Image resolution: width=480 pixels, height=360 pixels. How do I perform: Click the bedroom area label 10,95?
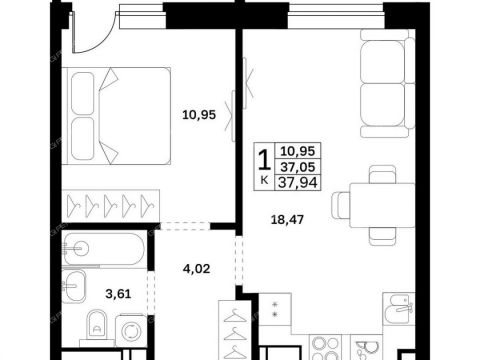[x=199, y=115]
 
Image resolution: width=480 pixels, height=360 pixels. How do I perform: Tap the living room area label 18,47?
[x=287, y=220]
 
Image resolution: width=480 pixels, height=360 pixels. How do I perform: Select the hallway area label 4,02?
[x=197, y=269]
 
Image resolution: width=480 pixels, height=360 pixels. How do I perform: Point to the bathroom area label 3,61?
[x=118, y=294]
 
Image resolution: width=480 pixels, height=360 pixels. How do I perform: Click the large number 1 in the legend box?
[x=265, y=160]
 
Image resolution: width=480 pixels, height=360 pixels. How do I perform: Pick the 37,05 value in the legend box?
[x=297, y=167]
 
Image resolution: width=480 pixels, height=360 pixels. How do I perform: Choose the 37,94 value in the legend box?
[x=297, y=182]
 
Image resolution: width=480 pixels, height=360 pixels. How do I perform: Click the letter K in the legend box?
[x=264, y=181]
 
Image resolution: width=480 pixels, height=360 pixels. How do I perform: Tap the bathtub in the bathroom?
[x=104, y=249]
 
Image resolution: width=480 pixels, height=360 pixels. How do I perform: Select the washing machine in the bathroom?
[x=131, y=330]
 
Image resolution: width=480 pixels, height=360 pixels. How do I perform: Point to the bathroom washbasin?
[x=74, y=286]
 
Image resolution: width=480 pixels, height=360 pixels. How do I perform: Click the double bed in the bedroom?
[x=116, y=116]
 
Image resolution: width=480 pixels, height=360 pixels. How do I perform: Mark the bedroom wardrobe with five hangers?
[x=111, y=206]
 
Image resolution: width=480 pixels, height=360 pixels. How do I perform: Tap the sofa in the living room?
[x=387, y=83]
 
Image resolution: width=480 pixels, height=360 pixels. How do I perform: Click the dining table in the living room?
[x=382, y=205]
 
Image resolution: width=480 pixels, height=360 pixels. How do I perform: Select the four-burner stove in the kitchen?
[x=324, y=347]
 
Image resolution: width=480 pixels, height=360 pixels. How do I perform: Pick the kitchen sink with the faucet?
[x=399, y=309]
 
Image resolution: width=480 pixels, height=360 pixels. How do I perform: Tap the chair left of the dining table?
[x=341, y=205]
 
